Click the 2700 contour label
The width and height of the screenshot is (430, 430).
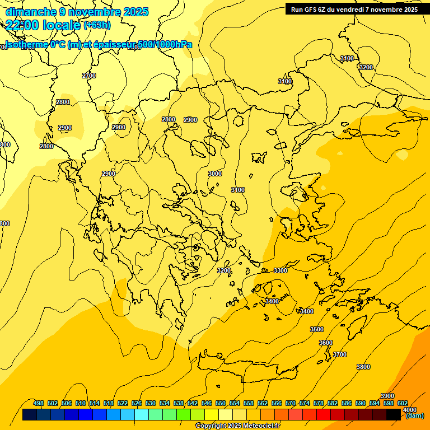(x=89, y=76)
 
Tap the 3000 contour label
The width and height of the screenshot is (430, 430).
(x=215, y=174)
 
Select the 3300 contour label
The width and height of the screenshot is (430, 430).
(x=281, y=270)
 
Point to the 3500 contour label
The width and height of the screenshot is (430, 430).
(x=317, y=329)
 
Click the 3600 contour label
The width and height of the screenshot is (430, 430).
(x=326, y=343)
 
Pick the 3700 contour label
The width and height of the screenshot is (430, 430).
(x=340, y=354)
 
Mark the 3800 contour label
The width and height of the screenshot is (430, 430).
(x=363, y=367)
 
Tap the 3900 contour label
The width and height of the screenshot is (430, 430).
(x=387, y=396)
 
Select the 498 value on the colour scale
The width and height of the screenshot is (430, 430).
(x=39, y=403)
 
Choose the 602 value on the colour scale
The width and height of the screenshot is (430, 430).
(x=403, y=403)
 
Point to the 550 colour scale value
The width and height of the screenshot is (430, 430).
(x=221, y=403)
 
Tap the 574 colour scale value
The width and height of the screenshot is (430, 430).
(x=305, y=403)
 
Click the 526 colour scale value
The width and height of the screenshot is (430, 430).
(x=137, y=403)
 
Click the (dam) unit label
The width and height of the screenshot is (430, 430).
(x=415, y=415)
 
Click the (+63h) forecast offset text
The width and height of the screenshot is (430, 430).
(x=97, y=25)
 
